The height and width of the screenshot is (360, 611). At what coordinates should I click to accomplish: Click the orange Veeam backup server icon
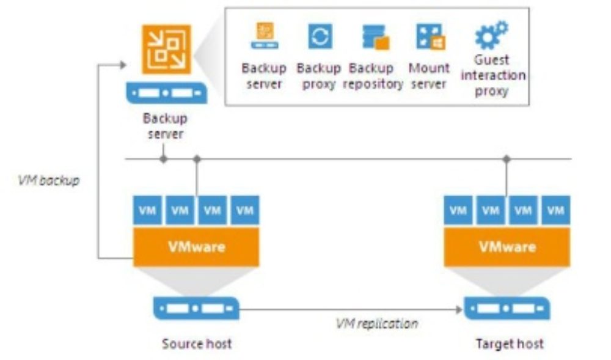coord(166,50)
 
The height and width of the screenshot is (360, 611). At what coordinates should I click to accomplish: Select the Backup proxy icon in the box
coord(320,36)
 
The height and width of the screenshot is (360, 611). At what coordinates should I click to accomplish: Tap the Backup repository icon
coord(376,37)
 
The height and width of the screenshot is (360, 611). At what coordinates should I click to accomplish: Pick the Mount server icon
coord(431,37)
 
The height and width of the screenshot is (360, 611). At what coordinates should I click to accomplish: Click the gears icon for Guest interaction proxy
coord(492,35)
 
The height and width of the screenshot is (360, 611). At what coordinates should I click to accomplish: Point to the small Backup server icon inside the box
coord(265,35)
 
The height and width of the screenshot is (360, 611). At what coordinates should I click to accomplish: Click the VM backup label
coord(49,180)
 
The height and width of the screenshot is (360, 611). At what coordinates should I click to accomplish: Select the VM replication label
coord(377,323)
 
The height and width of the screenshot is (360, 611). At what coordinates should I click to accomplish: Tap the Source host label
coord(196,343)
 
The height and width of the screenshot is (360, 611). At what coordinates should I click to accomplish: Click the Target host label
coord(510,343)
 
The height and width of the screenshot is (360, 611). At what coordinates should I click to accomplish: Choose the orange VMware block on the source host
coord(196,247)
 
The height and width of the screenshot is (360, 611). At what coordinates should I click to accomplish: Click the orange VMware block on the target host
coord(507,247)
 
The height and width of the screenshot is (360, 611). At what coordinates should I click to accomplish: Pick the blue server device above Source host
coord(196,308)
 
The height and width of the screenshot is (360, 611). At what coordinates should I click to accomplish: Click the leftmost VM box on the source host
coord(147,210)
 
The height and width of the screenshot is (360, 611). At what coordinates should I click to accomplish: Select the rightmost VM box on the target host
coord(555,210)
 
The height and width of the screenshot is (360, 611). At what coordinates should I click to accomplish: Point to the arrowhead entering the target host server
coord(459,310)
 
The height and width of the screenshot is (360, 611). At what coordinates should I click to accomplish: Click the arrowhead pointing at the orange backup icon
coord(123,65)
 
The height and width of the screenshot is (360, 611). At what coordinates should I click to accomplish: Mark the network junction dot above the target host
coord(507,159)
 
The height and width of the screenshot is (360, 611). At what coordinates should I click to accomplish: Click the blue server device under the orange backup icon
coord(166,93)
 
